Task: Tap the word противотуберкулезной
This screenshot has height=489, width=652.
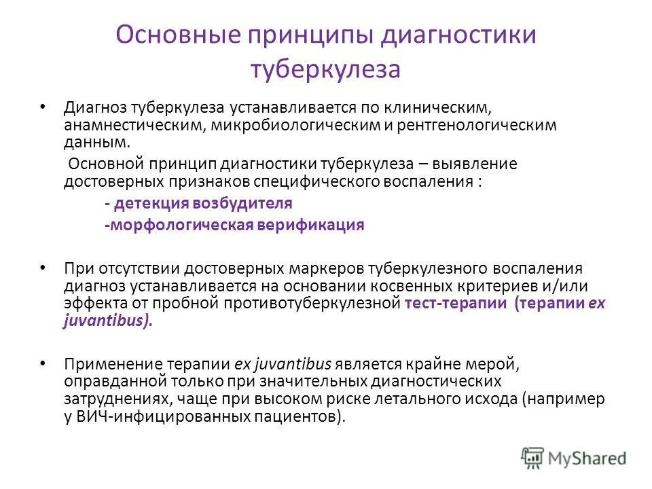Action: coord(325,304)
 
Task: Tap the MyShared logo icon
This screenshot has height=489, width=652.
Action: coord(533,458)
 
